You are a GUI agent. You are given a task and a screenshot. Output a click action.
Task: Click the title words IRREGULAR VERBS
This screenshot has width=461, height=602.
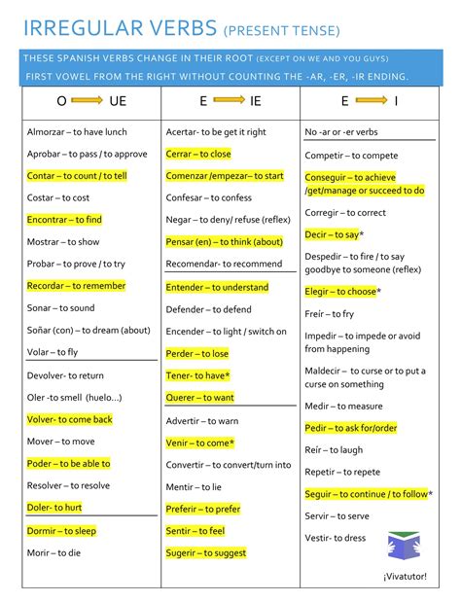[111, 26]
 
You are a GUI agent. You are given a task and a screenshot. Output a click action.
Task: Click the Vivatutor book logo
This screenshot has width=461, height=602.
[402, 547]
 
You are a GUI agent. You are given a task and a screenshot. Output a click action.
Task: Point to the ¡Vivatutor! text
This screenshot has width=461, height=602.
[408, 576]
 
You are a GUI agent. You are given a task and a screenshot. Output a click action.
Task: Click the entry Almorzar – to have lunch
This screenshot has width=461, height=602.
[77, 131]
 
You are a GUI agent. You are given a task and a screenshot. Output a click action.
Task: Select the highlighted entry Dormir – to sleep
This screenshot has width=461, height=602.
[61, 531]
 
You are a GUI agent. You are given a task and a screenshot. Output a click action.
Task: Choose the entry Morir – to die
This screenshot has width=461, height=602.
[53, 552]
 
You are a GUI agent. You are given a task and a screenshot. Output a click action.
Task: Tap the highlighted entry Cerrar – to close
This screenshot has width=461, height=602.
[198, 154]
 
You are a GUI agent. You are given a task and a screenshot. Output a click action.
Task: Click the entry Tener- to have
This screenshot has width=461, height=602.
[198, 375]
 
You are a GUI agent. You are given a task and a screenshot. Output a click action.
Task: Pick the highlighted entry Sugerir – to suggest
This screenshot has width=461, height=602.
[206, 552]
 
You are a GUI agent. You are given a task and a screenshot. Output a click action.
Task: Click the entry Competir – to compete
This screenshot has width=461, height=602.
[351, 156]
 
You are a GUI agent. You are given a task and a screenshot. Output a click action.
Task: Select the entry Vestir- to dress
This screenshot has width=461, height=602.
[336, 538]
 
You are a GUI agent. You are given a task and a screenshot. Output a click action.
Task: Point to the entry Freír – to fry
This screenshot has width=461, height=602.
[330, 314]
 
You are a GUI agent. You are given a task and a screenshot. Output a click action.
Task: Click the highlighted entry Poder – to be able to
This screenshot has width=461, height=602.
[68, 464]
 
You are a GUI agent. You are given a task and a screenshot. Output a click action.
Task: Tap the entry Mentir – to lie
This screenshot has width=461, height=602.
[194, 486]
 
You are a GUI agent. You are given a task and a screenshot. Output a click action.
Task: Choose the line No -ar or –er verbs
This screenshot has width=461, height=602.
[341, 131]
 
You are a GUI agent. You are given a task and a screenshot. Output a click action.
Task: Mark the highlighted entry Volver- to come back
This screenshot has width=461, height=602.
[69, 419]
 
